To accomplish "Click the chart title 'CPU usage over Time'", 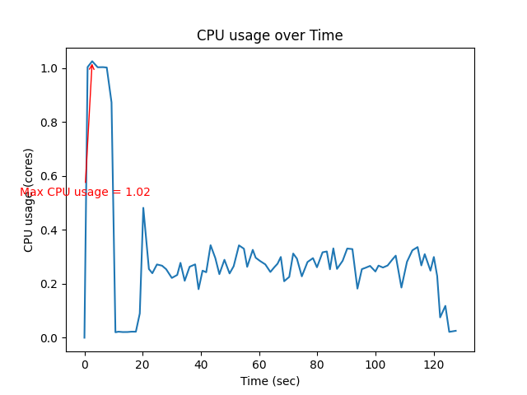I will pos(269,35).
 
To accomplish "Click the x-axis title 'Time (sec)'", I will pos(269,381).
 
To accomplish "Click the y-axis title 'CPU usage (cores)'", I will pos(29,200).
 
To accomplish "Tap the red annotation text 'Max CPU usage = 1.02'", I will pos(85,192).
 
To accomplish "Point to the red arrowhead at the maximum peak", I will pos(92,65).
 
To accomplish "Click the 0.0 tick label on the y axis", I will pos(49,338).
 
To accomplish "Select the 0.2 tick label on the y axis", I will pos(49,284).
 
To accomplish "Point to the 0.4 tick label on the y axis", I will pos(49,230).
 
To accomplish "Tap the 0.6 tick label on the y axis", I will pos(49,176).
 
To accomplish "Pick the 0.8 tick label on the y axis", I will pos(49,123).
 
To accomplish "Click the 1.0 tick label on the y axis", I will pos(49,68).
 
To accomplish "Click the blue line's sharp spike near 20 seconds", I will pos(143,207).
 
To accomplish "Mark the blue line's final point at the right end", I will pos(455,330).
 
